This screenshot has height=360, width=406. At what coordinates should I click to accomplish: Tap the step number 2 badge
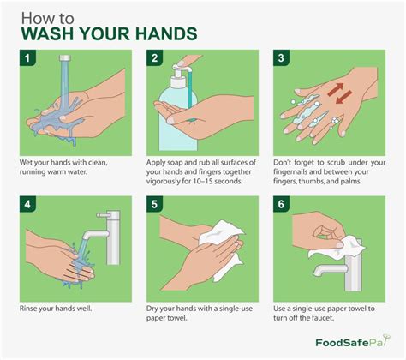[154, 60]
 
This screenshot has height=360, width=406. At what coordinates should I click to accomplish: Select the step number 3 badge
[281, 60]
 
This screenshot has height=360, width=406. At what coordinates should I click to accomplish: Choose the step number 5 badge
[154, 207]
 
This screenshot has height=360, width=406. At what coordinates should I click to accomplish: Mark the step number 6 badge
[281, 207]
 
